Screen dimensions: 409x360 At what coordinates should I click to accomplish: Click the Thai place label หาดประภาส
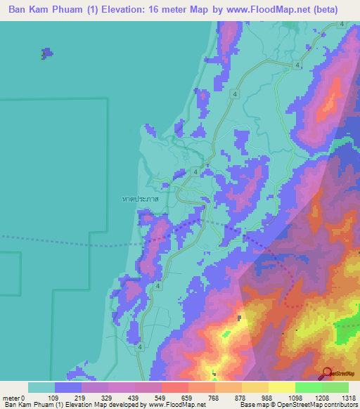coord(140,200)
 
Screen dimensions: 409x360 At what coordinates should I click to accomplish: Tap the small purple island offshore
coord(46,53)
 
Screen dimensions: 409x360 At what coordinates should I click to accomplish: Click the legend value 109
coord(69,397)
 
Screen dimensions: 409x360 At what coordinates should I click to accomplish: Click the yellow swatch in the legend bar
coord(281,387)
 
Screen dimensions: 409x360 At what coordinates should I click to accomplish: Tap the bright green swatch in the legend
coord(308,387)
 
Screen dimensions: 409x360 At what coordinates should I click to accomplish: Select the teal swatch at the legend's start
coord(41,387)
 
